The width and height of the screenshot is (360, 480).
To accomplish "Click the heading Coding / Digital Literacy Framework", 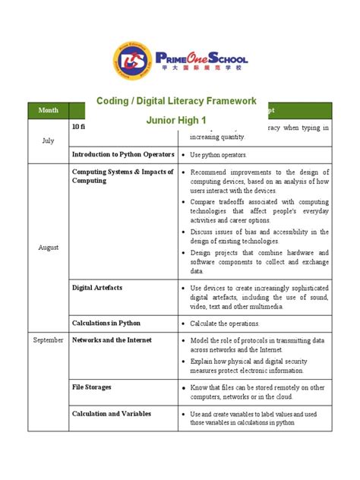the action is tap(176, 101).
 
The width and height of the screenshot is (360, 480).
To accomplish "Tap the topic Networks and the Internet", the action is tap(112, 340).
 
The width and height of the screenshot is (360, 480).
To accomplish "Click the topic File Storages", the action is tap(92, 387).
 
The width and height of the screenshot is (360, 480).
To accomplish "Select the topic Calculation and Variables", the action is tap(112, 414).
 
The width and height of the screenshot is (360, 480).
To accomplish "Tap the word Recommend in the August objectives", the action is tap(212, 172).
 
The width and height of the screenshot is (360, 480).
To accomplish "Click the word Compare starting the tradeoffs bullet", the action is tap(206, 203).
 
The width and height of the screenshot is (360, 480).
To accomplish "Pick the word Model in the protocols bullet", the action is tap(201, 340).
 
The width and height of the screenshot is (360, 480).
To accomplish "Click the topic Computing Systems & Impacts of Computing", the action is tap(122, 176).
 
